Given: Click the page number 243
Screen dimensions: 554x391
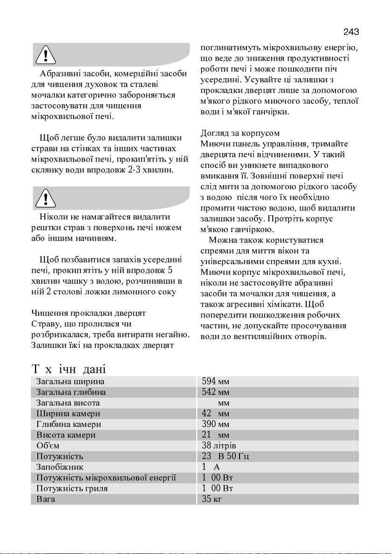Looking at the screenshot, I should point(351,32).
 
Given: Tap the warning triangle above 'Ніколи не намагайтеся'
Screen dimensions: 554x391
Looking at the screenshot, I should point(46,199).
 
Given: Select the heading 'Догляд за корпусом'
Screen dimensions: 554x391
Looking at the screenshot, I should point(240,133).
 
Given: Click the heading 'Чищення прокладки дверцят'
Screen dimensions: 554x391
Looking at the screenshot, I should point(89,313).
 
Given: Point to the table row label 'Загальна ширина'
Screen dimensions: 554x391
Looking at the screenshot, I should point(70,382).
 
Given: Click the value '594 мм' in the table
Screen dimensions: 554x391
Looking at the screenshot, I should point(215,382).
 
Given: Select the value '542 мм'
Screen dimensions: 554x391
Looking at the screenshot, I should point(215,393).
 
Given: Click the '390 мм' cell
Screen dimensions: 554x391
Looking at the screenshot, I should point(215,425).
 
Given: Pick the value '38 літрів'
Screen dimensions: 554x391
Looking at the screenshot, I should point(219,446).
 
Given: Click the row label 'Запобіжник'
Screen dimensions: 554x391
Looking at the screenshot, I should point(60,467).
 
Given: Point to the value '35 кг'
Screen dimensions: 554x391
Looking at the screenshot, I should point(212,499).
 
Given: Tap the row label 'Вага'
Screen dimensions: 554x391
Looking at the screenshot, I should point(46,499).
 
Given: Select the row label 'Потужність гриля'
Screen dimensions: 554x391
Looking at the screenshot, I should point(72,488).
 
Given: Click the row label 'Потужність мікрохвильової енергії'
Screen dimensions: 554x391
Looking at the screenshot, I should point(106,478).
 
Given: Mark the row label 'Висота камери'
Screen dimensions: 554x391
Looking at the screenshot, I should point(66,435).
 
